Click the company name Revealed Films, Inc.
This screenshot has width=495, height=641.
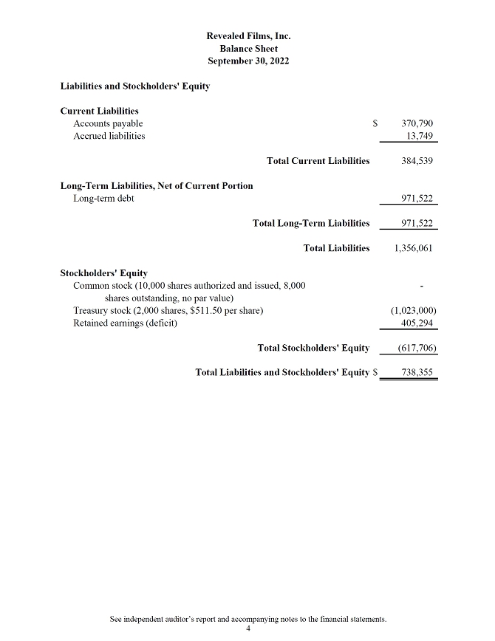[248, 35]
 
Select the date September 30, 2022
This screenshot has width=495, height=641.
[248, 61]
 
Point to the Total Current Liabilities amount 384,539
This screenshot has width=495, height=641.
[417, 161]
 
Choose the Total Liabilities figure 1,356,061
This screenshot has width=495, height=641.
[414, 248]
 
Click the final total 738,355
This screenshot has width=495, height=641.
[417, 373]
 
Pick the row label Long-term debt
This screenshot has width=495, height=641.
[103, 199]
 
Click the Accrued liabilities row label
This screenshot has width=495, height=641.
[109, 136]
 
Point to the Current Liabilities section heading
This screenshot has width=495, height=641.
[99, 111]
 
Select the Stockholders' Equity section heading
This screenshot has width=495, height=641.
[103, 273]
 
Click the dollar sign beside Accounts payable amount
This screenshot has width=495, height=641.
[375, 123]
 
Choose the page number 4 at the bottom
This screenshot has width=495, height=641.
[248, 629]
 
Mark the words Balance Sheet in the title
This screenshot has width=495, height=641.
[248, 48]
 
